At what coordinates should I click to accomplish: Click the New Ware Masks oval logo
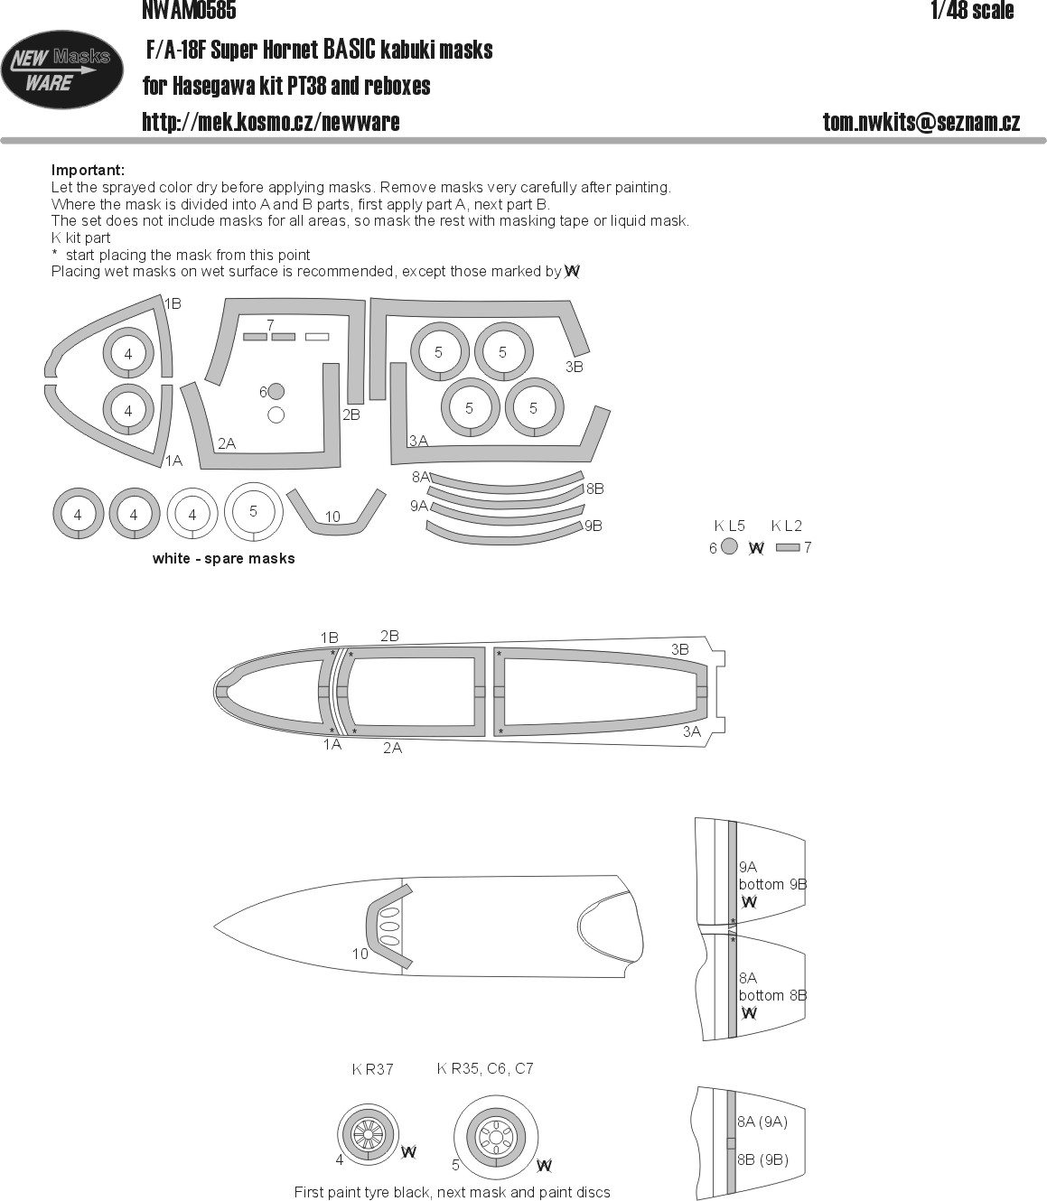62,70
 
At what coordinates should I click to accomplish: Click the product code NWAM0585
189,10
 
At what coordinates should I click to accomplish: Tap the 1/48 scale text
972,11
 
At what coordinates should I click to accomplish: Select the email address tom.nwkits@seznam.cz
921,122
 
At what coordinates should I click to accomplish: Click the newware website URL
271,122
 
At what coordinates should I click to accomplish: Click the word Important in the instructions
88,171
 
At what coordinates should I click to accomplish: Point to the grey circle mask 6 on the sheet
276,392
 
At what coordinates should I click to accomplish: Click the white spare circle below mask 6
276,415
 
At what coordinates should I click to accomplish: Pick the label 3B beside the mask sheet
574,367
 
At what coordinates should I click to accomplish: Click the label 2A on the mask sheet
227,443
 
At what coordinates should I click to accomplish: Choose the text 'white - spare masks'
224,558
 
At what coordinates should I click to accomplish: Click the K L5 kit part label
729,526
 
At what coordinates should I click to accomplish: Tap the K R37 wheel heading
372,1069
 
